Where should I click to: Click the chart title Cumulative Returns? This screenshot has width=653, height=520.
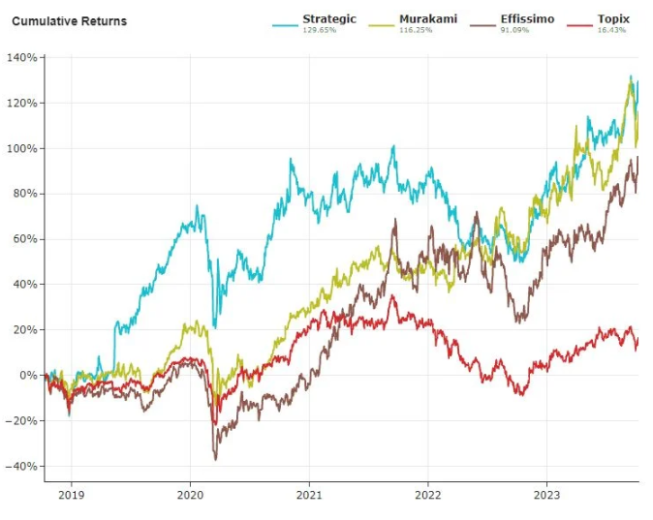click(69, 21)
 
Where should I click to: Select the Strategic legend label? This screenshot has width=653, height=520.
click(329, 18)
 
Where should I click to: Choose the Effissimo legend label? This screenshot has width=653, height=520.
click(527, 18)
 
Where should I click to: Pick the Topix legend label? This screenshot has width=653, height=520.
click(614, 18)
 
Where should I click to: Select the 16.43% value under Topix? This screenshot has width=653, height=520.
click(611, 30)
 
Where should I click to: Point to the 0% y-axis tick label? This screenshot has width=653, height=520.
click(28, 376)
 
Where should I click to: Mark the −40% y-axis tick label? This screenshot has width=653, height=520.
click(21, 467)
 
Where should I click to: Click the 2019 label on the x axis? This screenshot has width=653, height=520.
click(71, 495)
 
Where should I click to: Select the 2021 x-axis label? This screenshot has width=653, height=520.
click(309, 495)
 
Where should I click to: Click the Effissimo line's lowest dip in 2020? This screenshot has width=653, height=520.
click(215, 458)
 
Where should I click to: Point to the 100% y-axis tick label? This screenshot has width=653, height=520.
click(23, 149)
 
